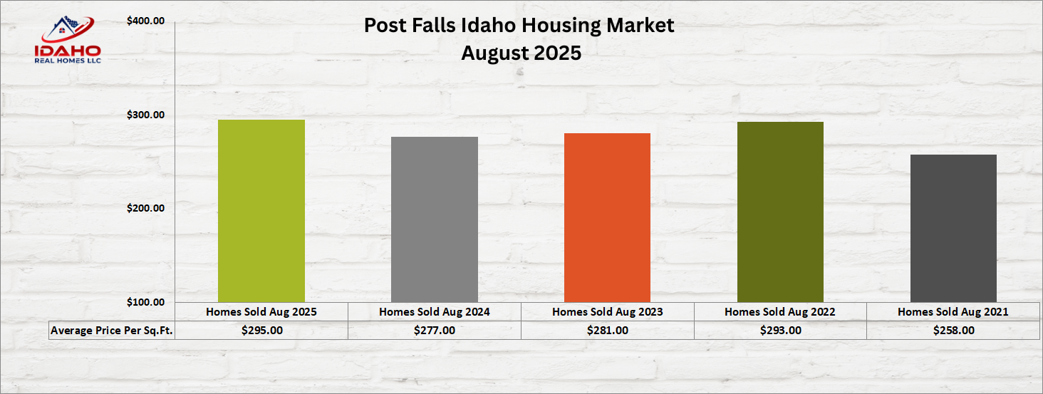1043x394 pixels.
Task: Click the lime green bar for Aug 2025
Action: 261,211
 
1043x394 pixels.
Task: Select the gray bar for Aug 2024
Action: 435,219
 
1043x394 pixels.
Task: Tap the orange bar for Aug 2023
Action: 607,218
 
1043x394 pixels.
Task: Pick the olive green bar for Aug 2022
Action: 780,212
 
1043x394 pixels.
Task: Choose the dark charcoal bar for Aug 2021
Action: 954,228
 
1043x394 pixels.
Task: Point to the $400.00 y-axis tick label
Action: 146,21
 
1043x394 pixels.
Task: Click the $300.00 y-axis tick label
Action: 146,115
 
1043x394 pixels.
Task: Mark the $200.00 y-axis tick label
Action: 146,208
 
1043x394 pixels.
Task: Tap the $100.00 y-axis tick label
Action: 146,302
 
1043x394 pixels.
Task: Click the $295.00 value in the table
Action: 261,330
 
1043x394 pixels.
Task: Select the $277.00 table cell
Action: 435,330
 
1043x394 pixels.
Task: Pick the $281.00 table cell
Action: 607,330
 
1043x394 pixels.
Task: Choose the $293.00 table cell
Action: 780,330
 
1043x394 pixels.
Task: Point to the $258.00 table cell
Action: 954,330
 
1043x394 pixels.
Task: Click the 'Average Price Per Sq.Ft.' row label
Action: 112,330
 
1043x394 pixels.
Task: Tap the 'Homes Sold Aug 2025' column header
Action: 261,311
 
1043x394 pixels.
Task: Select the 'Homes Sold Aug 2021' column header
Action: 953,311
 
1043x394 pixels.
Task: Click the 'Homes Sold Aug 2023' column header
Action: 607,311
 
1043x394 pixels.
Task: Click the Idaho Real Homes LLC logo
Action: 68,40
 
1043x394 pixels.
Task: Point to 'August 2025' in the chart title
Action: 521,53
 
